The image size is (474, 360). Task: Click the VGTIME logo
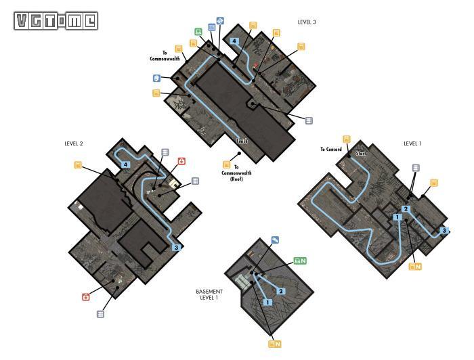pyautogui.click(x=55, y=21)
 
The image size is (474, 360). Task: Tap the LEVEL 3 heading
pyautogui.click(x=307, y=22)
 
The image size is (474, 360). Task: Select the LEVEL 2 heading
pyautogui.click(x=73, y=143)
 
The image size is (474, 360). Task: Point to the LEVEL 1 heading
pyautogui.click(x=412, y=143)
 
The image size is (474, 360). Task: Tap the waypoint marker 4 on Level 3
pyautogui.click(x=234, y=41)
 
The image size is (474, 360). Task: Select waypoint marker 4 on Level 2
pyautogui.click(x=126, y=164)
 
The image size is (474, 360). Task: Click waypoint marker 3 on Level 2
pyautogui.click(x=176, y=248)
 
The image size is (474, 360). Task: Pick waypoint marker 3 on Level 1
pyautogui.click(x=444, y=231)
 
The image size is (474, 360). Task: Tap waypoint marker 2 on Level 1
pyautogui.click(x=406, y=208)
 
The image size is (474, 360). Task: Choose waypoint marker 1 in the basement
pyautogui.click(x=268, y=302)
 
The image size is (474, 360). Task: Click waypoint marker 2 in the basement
pyautogui.click(x=282, y=291)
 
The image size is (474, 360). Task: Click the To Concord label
pyautogui.click(x=331, y=149)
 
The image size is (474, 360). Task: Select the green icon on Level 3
pyautogui.click(x=198, y=32)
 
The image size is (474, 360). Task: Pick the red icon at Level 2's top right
pyautogui.click(x=181, y=161)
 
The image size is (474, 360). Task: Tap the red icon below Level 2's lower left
pyautogui.click(x=86, y=296)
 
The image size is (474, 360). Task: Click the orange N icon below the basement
pyautogui.click(x=274, y=344)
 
